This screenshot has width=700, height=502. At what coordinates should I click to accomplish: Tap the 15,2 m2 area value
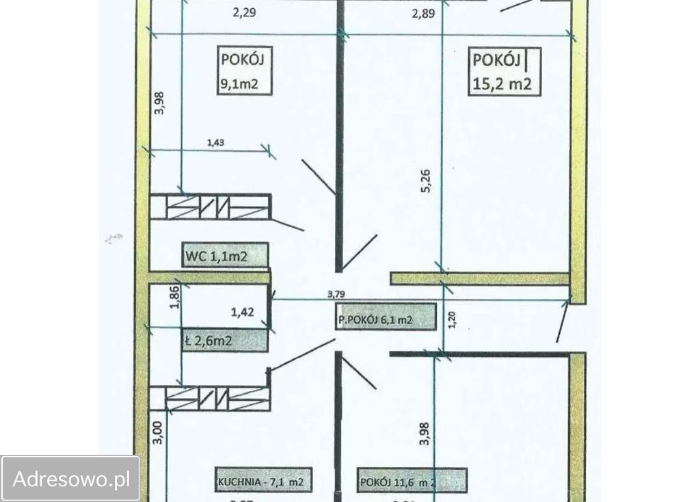pos(502,84)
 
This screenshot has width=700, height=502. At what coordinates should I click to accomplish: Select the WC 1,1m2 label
pos(215,257)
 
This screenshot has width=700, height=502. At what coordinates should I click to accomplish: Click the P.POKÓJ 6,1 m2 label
pos(385,319)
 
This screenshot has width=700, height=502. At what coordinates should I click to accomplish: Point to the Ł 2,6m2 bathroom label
pos(213,340)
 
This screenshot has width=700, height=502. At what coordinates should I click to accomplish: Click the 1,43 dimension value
pos(217,143)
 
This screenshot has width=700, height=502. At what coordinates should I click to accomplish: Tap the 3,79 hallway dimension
pos(336,295)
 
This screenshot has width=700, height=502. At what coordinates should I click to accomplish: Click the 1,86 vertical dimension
pos(175,298)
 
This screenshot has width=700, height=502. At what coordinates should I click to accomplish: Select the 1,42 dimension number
pos(243,315)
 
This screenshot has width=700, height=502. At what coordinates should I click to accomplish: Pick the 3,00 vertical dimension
pos(158,434)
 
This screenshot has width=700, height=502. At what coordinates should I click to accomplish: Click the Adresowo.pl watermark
pos(71,479)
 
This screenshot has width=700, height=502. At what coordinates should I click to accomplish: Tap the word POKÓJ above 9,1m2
pos(242,60)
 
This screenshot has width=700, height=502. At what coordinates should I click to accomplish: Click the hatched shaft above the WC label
pos(210,207)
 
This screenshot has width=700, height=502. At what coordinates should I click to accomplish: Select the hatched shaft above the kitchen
pos(210,397)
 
